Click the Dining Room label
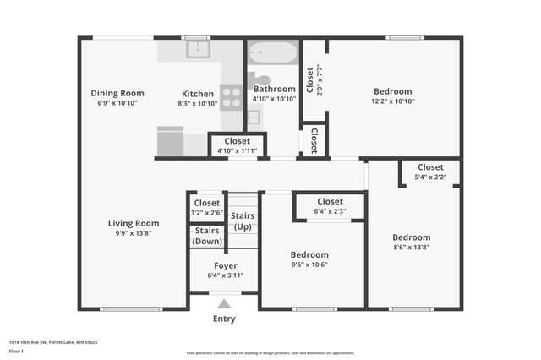tap(117, 93)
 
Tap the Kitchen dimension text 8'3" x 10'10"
tap(197, 103)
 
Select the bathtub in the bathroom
tap(273, 53)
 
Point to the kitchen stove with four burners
tap(231, 97)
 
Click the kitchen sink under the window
tap(197, 50)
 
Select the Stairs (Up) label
tap(242, 221)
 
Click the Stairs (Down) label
tap(207, 236)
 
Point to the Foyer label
tap(225, 265)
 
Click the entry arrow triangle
tap(224, 303)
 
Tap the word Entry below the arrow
tap(224, 319)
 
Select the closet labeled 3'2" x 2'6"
tap(207, 208)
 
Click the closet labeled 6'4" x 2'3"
tap(330, 206)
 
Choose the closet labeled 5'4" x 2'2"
tap(429, 172)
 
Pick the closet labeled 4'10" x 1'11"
tap(237, 145)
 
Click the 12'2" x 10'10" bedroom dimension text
tap(393, 101)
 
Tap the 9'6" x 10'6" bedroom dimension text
tap(309, 264)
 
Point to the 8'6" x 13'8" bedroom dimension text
tap(412, 247)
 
